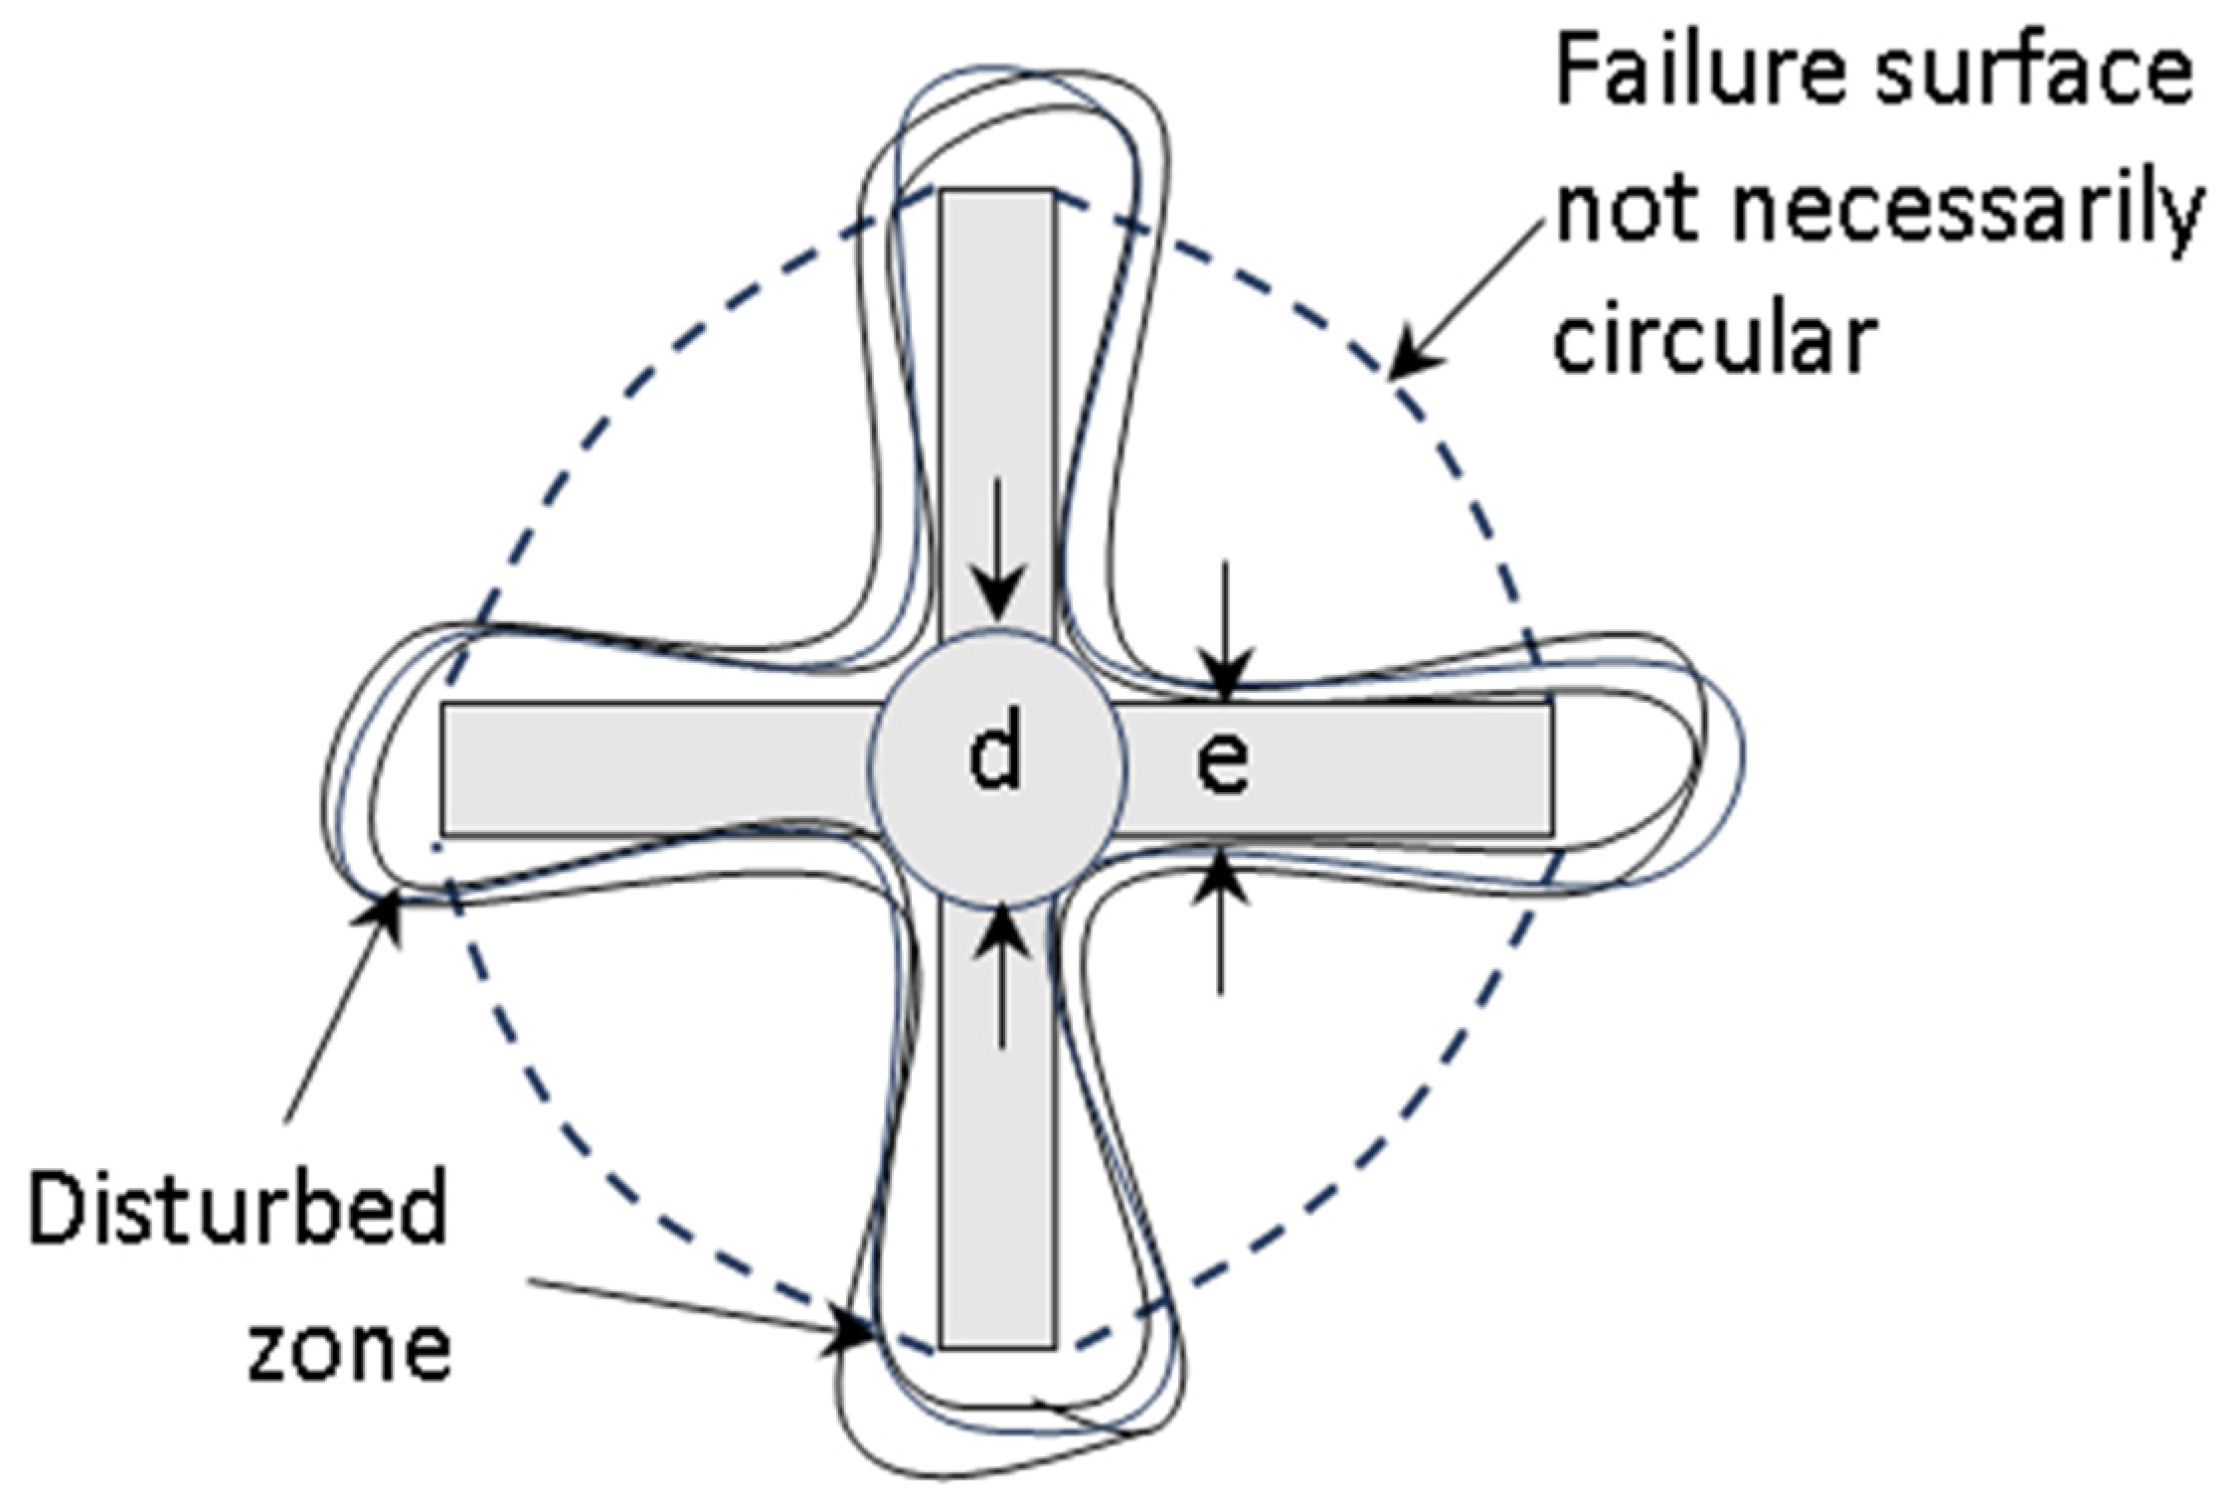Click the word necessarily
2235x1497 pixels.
[1969, 214]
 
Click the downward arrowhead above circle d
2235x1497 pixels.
[999, 607]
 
